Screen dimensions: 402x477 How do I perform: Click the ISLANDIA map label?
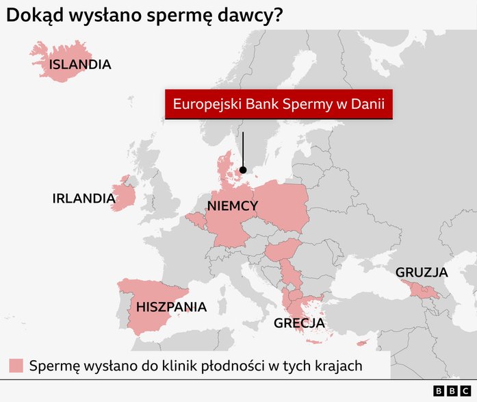(79, 65)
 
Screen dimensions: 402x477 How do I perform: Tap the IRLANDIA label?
(83, 199)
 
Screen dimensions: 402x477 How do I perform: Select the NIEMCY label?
(232, 206)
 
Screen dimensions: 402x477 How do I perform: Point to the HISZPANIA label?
(171, 307)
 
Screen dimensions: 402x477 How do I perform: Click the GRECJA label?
(299, 323)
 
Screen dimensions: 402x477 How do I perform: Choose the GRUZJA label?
(422, 273)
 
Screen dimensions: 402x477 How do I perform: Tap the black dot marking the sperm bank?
(243, 164)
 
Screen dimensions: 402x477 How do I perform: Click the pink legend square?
(16, 366)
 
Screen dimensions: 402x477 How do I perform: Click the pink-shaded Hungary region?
(283, 251)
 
